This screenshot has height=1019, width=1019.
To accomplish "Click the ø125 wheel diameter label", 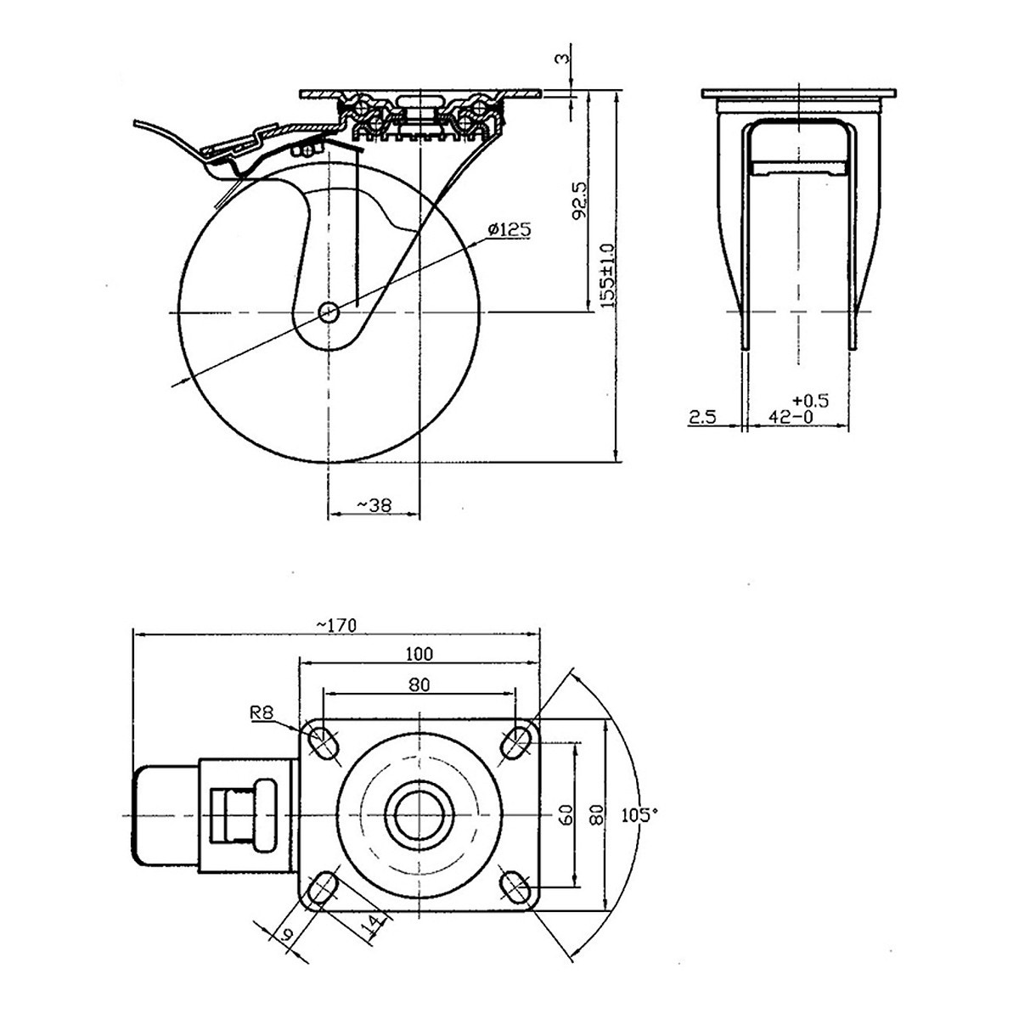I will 509,228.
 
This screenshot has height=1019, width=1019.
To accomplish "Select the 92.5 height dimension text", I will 580,200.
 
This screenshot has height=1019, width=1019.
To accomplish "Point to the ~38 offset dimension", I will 374,504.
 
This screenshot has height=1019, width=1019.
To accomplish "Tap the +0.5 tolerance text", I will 808,399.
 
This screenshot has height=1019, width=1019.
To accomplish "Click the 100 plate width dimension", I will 419,653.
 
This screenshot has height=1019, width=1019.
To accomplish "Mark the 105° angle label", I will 639,815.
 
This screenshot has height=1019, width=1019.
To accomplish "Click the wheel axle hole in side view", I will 329,312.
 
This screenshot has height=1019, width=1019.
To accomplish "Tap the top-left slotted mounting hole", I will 324,741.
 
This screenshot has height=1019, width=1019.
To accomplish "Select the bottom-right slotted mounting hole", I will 514,889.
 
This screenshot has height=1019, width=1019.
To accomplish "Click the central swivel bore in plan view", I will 419,816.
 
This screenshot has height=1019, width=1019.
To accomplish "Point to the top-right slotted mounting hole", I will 514,742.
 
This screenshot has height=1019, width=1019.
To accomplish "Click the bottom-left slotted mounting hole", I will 324,889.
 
